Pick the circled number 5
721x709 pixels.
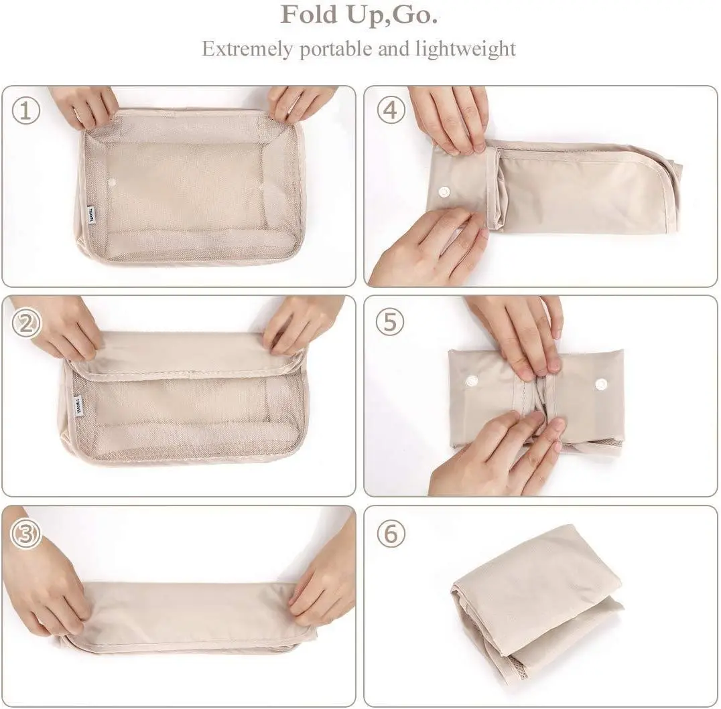(x=391, y=323)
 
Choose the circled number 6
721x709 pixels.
(x=391, y=533)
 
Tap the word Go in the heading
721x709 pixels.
(x=416, y=15)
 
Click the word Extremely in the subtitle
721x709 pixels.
(x=247, y=49)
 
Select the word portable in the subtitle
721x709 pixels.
(x=332, y=49)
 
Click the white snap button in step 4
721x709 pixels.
(x=444, y=192)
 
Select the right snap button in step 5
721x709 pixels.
(x=601, y=384)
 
